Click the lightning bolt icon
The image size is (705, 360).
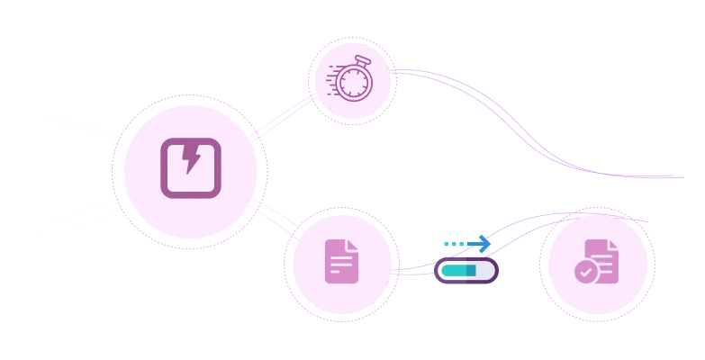tap(191, 167)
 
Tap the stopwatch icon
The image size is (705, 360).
tap(353, 80)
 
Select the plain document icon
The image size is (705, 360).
tap(341, 262)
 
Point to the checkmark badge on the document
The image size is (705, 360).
tap(586, 271)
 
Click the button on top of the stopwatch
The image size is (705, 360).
tap(362, 60)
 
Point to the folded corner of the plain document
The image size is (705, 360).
tap(352, 246)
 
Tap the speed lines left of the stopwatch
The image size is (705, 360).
tap(333, 77)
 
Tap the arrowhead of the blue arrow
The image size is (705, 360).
tap(484, 243)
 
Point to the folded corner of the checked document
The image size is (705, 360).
tap(612, 246)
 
